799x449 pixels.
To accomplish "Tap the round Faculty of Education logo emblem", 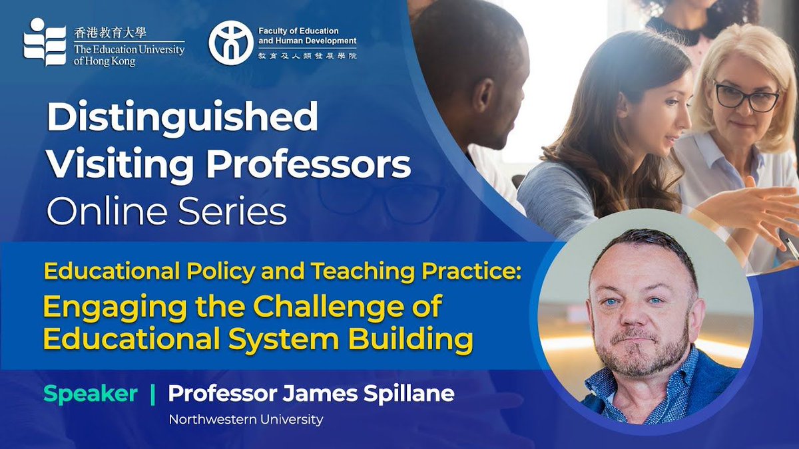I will (x=230, y=43).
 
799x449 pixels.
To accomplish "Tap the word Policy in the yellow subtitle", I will (x=181, y=272).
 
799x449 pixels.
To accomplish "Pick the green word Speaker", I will (x=91, y=393).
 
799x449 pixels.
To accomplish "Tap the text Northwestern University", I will (x=246, y=419).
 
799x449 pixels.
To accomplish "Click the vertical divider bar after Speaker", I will (x=153, y=394).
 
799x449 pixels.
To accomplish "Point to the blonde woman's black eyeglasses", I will (x=746, y=98).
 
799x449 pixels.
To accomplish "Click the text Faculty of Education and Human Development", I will (x=307, y=37).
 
